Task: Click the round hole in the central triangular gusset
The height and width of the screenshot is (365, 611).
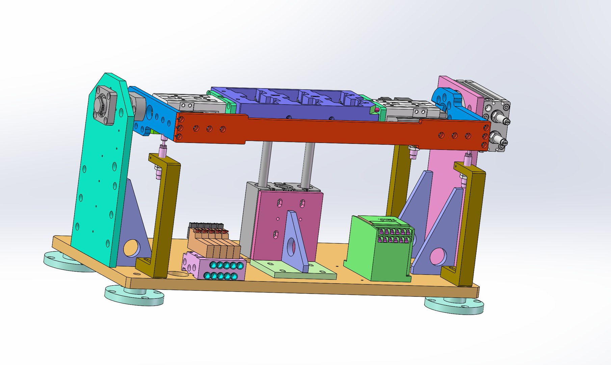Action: (x=291, y=246)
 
